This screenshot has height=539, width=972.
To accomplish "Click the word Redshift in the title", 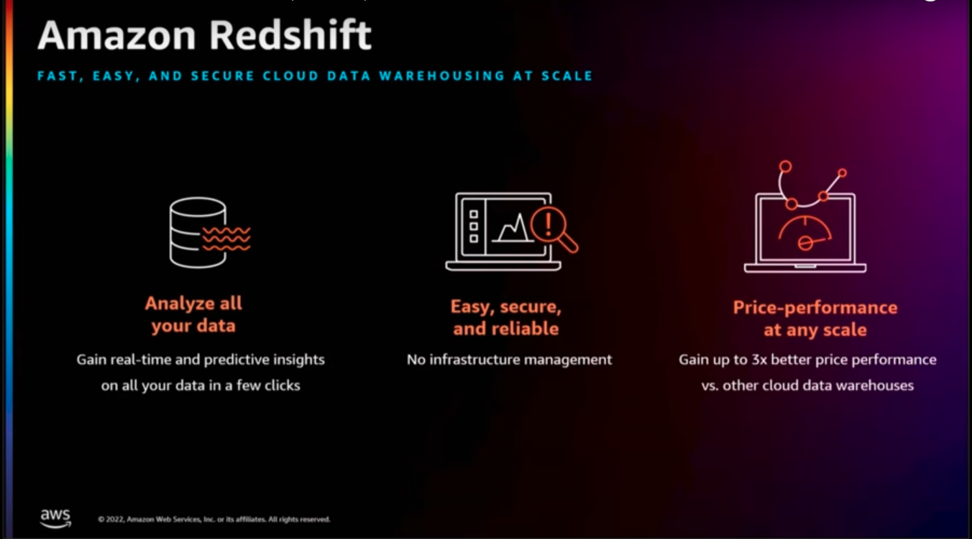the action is [290, 35].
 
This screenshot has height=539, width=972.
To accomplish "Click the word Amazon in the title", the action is [116, 35].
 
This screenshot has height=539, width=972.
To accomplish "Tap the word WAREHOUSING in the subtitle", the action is [441, 76].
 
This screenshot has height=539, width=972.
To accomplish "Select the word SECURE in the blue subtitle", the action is [222, 76].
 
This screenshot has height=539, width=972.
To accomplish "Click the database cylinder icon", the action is [198, 232].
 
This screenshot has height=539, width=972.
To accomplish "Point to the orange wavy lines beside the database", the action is [226, 238].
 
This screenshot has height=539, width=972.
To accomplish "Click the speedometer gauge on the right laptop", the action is [805, 233].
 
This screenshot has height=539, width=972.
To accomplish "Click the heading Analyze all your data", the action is [193, 314].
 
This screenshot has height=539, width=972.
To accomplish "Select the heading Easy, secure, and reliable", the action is [506, 317].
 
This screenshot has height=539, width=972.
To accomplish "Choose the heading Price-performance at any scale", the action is [815, 319].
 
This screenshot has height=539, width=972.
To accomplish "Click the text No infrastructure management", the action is [510, 360].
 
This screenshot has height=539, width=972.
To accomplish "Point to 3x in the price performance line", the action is [759, 360].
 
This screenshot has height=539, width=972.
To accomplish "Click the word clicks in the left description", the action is [282, 385].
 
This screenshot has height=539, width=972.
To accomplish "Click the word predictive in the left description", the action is [237, 360].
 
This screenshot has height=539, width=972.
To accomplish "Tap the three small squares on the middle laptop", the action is [473, 226].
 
